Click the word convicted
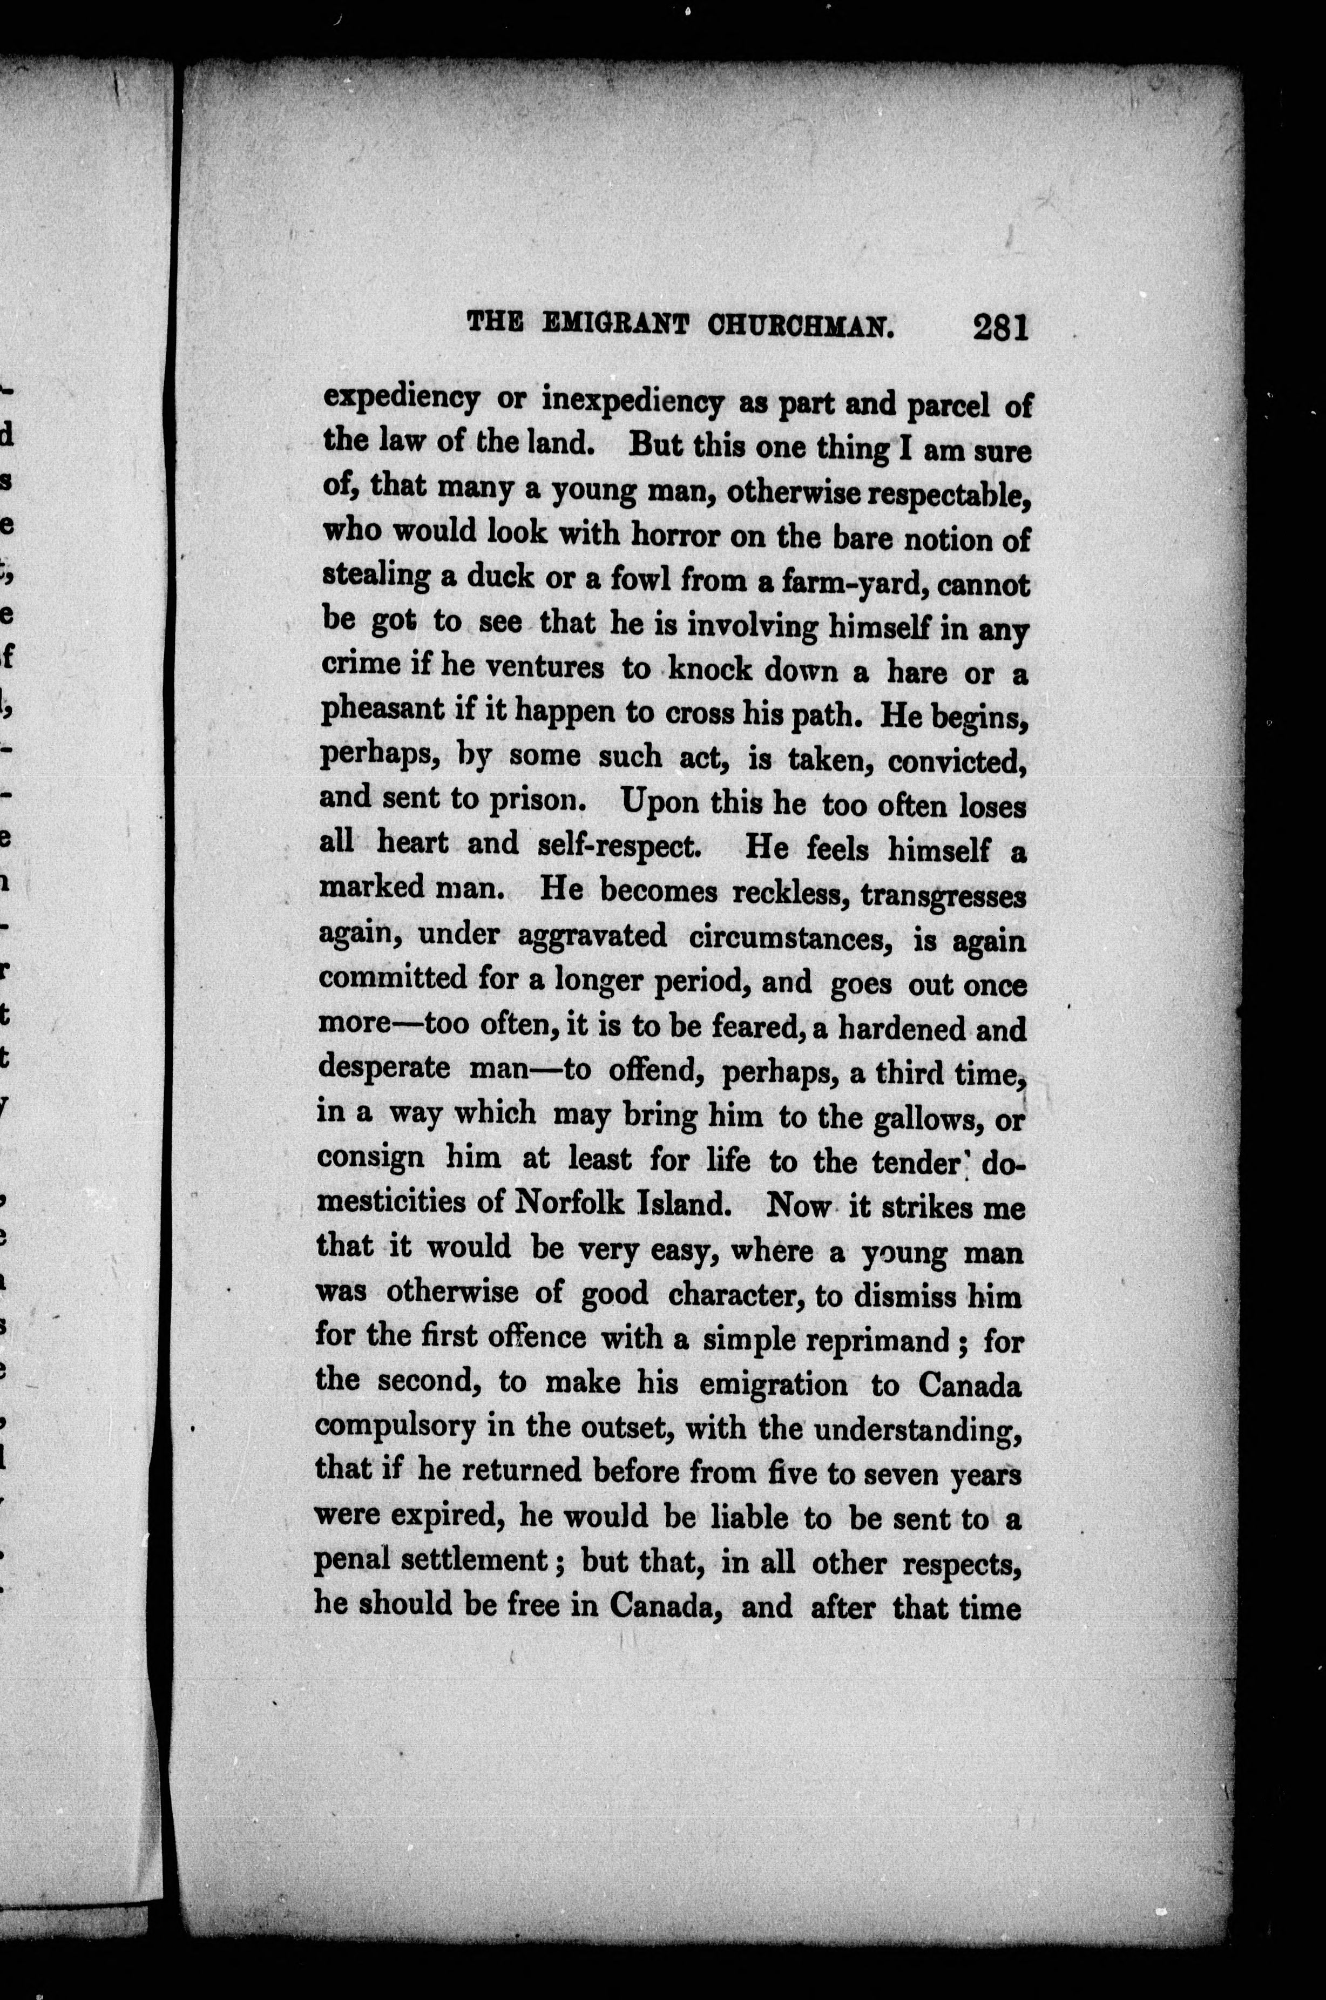pos(957,762)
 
